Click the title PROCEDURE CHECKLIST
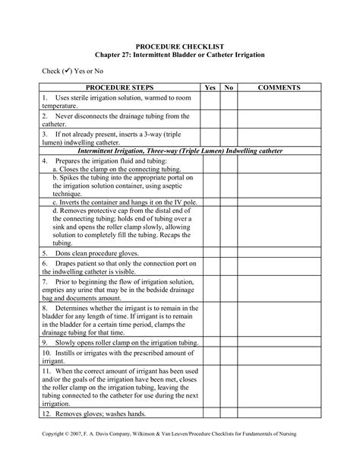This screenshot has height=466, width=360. click(180, 47)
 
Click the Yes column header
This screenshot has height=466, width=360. click(210, 88)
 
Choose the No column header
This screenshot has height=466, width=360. click(230, 88)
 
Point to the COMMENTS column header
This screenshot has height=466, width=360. click(279, 88)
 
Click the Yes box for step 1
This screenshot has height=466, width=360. click(210, 103)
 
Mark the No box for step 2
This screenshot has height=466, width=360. click(230, 119)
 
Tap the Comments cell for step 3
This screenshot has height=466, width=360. click(279, 135)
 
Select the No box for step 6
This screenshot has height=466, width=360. click(230, 266)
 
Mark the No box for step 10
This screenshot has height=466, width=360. click(230, 356)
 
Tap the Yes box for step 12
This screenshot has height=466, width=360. click(210, 414)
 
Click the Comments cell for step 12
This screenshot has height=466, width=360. click(279, 414)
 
